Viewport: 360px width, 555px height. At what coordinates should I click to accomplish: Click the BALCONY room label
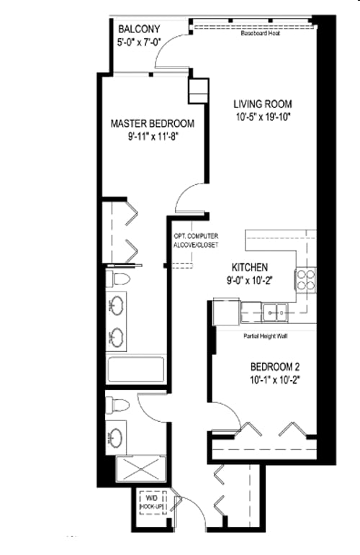coord(138,29)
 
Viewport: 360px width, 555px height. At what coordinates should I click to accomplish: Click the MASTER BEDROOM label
coord(152,123)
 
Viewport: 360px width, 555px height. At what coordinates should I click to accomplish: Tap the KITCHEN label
coord(251,266)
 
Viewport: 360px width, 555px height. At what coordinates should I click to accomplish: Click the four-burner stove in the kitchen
coord(306,279)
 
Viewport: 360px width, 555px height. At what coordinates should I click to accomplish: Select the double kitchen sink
coord(273,311)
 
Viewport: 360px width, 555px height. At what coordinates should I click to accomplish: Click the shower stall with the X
coord(140,469)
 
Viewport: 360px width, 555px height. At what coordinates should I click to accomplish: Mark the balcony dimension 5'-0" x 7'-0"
coord(138,42)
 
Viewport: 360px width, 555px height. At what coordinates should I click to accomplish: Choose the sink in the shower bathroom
coord(117,437)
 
